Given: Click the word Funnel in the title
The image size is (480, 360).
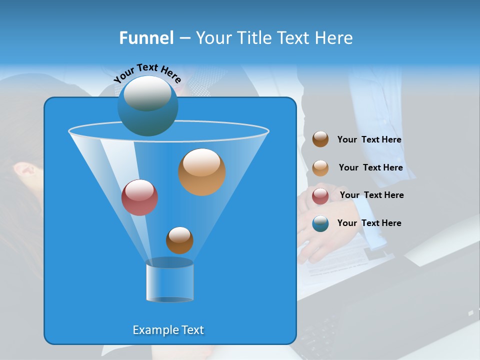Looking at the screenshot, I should point(146,38).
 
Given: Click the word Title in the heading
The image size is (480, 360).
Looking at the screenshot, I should point(252,38).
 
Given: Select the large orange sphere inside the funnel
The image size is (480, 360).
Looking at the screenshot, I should point(201,172).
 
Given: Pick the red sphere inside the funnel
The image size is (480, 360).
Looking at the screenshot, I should point(139,197).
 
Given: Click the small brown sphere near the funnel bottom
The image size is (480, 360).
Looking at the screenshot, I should point(179,240).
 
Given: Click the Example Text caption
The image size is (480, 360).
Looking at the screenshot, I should point(168,330).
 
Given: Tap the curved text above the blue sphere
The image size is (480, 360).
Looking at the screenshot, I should point(147,72).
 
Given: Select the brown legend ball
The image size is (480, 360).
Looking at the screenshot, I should point(320,139).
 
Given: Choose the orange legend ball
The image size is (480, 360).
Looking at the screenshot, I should point(320,168).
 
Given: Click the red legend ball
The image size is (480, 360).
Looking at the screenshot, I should point(320,196).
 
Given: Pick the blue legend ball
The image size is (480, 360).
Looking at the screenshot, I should point(320,223).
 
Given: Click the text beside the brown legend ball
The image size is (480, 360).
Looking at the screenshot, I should point(369,140).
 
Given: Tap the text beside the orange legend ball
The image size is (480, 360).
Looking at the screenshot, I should point(370,168).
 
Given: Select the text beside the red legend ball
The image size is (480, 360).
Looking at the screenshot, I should point(371,195).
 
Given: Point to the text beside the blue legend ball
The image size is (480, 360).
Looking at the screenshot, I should point(369,223).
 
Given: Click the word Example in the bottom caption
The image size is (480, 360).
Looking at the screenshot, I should point(152,330).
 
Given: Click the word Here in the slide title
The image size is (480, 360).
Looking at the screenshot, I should point(334,38).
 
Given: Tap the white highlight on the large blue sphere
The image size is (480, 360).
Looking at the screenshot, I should point(146,93).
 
